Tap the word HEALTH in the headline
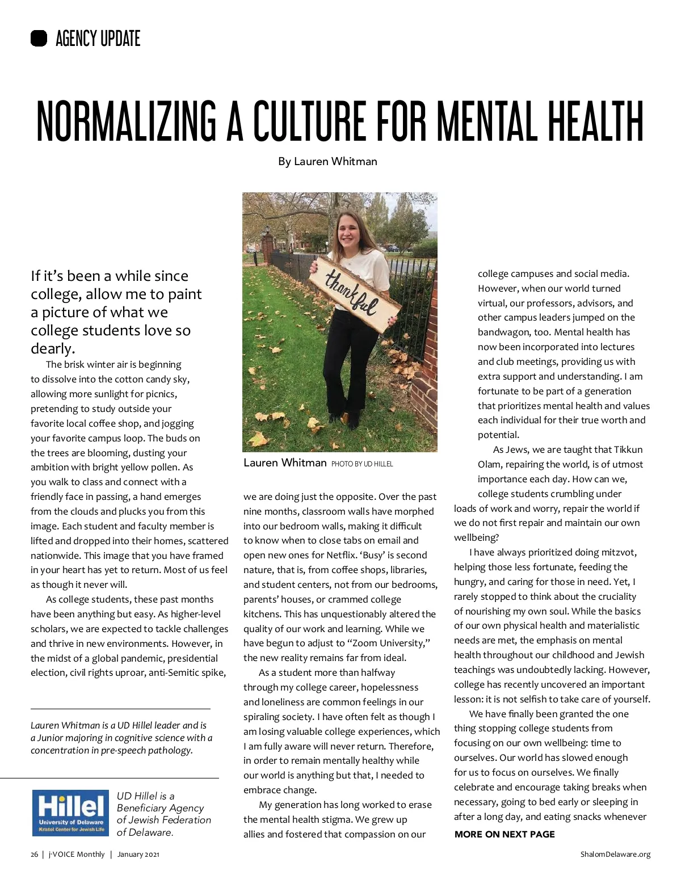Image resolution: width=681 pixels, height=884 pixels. point(595,121)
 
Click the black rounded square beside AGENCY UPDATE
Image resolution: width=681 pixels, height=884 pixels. point(39,39)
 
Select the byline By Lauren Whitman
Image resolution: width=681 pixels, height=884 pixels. point(327,162)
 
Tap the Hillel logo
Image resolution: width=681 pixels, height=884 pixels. point(71,813)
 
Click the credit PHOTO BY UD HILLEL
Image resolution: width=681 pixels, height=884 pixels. point(362,464)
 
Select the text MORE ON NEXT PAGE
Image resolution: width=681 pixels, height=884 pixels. point(505,835)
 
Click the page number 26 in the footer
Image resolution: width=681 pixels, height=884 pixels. point(35,854)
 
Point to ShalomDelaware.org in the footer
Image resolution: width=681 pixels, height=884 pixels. point(615,854)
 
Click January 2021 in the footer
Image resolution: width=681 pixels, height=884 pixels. point(138,854)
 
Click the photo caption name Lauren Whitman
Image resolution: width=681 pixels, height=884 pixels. point(285,463)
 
